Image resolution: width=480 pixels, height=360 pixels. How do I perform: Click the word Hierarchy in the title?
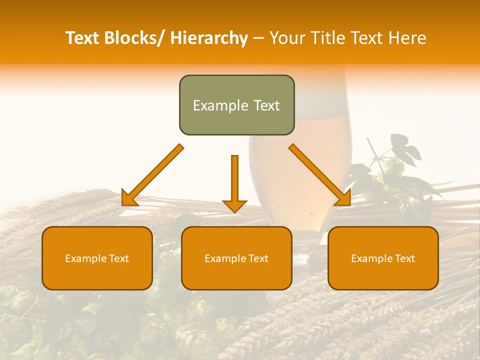click(x=209, y=38)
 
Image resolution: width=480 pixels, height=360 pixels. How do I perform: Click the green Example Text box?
click(x=236, y=105)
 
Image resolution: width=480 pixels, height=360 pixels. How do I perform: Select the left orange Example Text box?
click(x=97, y=258)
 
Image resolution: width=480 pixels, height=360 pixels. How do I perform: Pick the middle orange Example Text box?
click(x=236, y=258)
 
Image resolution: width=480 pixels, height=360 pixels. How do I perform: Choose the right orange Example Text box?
click(x=383, y=258)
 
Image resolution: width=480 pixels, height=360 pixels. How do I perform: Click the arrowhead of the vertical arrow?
click(x=234, y=205)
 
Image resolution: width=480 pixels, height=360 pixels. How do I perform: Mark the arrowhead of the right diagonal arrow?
click(x=342, y=198)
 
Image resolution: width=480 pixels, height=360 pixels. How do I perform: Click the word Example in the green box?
click(x=220, y=105)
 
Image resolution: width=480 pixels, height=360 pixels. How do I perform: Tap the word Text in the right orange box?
click(x=404, y=258)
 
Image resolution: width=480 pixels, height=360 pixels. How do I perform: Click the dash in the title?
click(x=258, y=38)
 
